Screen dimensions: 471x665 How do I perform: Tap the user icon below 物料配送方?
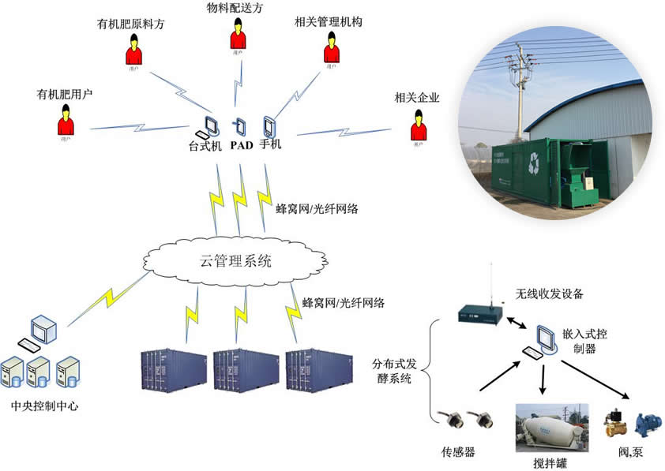pyautogui.click(x=238, y=36)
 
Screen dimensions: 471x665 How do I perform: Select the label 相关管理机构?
pyautogui.click(x=328, y=23)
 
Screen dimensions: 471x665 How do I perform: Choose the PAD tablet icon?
pyautogui.click(x=240, y=126)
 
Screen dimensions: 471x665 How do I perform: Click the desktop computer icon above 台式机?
pyautogui.click(x=209, y=126)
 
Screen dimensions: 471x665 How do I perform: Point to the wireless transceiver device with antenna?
pyautogui.click(x=482, y=310)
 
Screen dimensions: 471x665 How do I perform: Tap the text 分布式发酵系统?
pyautogui.click(x=392, y=372)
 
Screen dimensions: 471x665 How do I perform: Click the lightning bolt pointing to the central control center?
pyautogui.click(x=107, y=299)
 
